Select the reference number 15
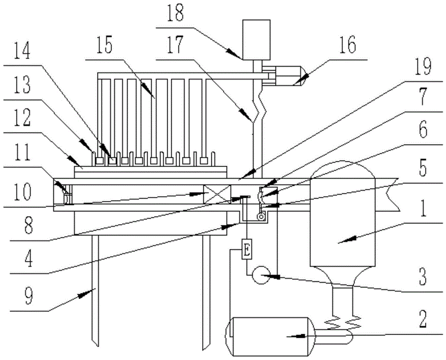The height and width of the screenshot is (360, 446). tap(105, 46)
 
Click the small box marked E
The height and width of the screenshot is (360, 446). tap(247, 250)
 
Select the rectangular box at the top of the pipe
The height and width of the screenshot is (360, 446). tap(256, 39)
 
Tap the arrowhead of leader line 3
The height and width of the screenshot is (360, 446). tap(272, 276)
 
